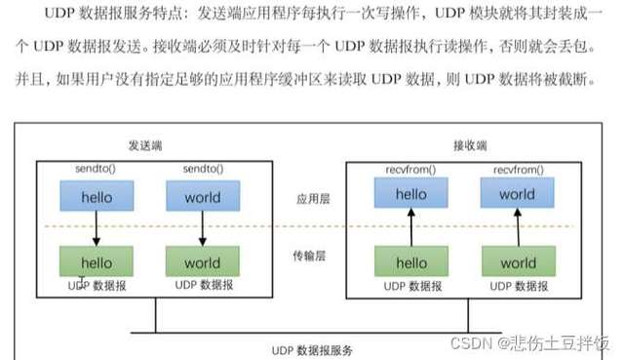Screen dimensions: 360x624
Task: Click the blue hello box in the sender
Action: tap(97, 197)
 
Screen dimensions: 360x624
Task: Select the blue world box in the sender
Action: tap(202, 197)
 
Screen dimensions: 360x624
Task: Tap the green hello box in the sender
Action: tap(97, 262)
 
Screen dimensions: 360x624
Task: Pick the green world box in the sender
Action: tap(202, 262)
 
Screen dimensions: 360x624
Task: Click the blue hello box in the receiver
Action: tap(411, 194)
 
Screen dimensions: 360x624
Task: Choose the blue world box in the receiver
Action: tap(517, 194)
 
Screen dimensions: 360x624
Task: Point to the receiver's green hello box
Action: tap(411, 262)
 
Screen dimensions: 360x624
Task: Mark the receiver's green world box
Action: tap(517, 262)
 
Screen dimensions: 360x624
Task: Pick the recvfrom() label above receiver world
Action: tap(517, 170)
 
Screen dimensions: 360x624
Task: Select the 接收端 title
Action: tap(468, 144)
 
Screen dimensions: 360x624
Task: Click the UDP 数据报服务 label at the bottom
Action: tap(312, 349)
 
